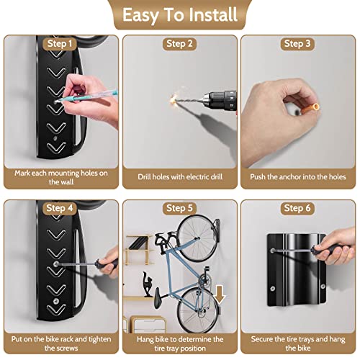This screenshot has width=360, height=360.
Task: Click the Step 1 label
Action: click(x=60, y=43)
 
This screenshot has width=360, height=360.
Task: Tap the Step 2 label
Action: click(x=179, y=43)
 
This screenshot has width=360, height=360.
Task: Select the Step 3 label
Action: click(x=297, y=43)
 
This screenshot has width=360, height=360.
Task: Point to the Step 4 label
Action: click(x=60, y=209)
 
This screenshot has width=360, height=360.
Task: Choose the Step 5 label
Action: click(x=179, y=209)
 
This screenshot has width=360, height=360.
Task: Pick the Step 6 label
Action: click(x=297, y=209)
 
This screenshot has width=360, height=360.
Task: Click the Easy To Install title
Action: click(x=179, y=15)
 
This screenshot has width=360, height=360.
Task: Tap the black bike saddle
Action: click(x=153, y=294)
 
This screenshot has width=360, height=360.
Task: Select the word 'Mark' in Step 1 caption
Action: click(x=26, y=173)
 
